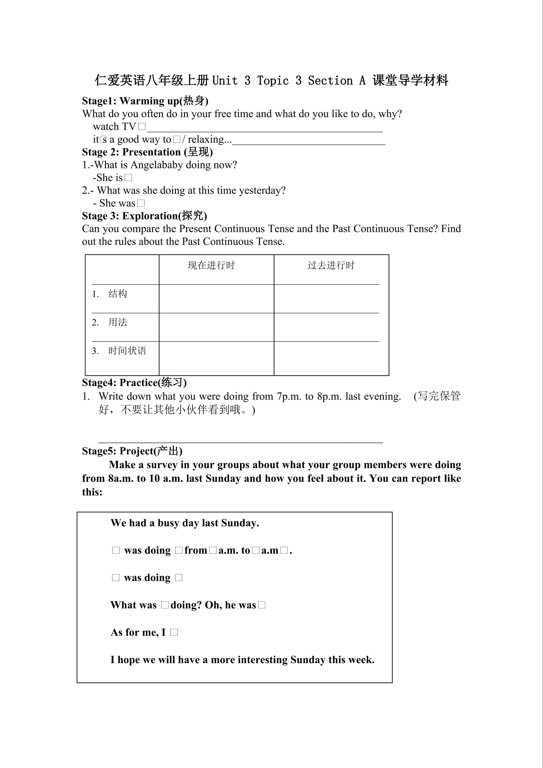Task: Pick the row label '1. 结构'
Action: coord(110,294)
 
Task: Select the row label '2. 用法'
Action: coord(110,322)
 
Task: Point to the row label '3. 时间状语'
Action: coord(119,351)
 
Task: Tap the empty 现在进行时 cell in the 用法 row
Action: coord(216,327)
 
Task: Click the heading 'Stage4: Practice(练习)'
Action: coord(134,382)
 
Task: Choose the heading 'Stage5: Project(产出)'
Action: coord(132,451)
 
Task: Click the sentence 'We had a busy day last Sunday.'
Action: coord(185,523)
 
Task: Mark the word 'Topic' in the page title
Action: coord(273,81)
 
